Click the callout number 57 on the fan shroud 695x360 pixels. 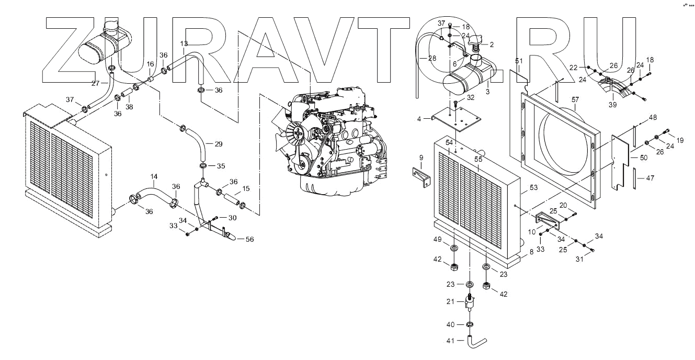tap(575, 99)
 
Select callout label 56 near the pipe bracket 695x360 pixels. tap(250, 239)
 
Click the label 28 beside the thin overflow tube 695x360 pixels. tap(432, 58)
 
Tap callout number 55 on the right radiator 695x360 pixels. tap(478, 159)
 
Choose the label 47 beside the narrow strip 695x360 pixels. tap(650, 178)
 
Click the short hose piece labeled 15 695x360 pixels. tap(232, 199)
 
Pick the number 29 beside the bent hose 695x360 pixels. tap(219, 144)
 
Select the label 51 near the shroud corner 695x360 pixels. tap(519, 61)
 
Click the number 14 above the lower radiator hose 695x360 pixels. tap(154, 176)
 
